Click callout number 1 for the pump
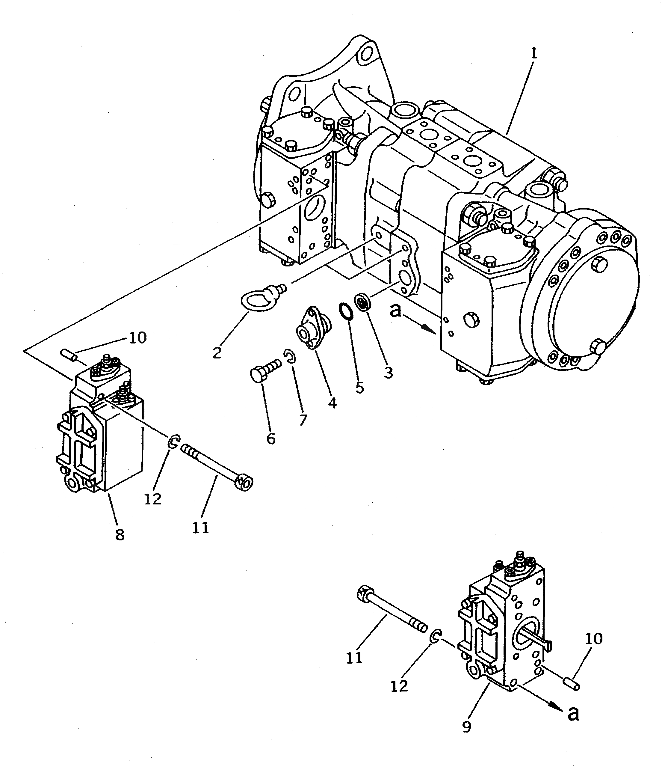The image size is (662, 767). (x=533, y=54)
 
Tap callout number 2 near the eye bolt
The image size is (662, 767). (x=217, y=353)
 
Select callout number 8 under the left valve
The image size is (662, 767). (x=120, y=534)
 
